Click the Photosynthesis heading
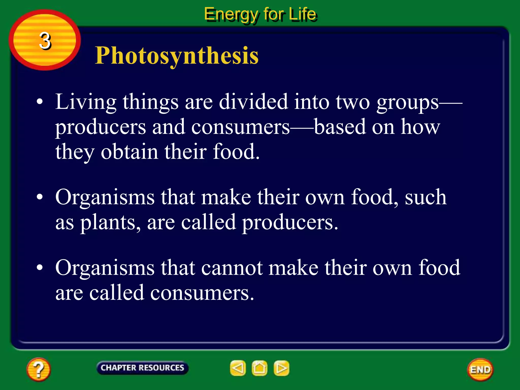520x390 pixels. coord(176,56)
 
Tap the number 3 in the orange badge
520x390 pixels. coord(45,41)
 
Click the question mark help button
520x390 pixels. coord(38,369)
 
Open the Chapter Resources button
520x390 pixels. coord(142,368)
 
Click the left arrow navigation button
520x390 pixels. coord(238,368)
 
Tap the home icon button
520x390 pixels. coord(259,368)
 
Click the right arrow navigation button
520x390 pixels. coord(281,368)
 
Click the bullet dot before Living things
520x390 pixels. coord(40,102)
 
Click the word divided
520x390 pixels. coord(253,102)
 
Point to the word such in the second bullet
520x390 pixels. coord(426,197)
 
